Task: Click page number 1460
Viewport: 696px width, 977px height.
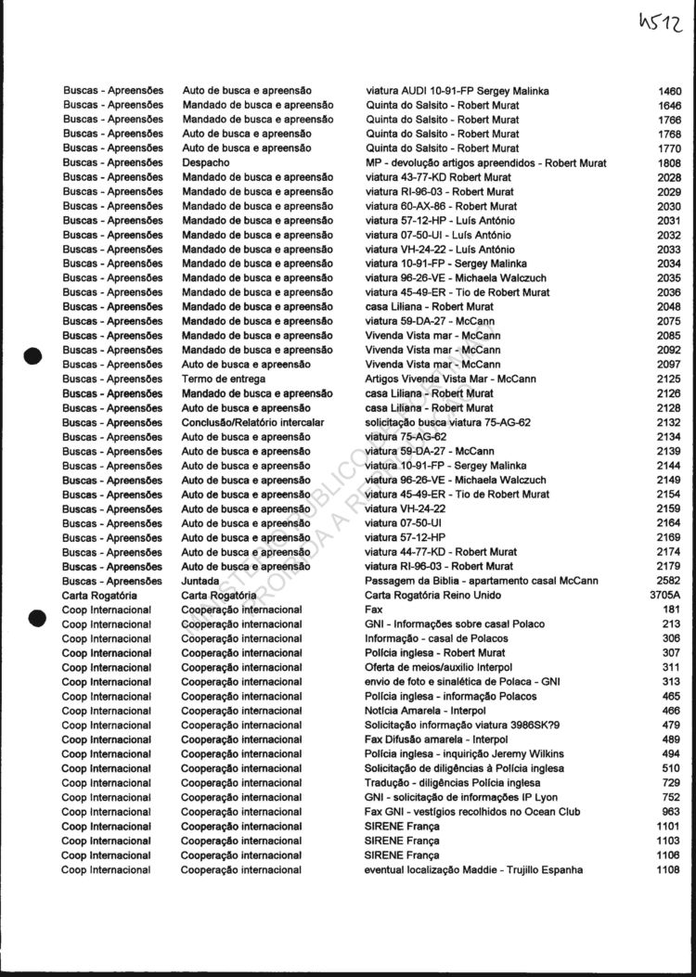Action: pos(668,91)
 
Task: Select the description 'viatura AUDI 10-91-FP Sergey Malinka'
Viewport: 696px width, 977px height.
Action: pos(457,91)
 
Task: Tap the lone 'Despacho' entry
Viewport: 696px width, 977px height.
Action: pos(205,163)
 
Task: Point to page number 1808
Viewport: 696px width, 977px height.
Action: pos(668,163)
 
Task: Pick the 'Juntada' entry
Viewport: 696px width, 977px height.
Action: pos(200,581)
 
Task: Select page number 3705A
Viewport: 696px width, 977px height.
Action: pos(665,595)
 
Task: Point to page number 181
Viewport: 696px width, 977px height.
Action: pos(672,610)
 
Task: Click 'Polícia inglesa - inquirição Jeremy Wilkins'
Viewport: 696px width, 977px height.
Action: pos(464,753)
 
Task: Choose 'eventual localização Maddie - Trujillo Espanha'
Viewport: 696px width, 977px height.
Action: pos(473,869)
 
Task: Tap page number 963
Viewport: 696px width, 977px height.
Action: pos(672,812)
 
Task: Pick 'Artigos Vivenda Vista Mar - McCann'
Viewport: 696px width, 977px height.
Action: pos(450,379)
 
